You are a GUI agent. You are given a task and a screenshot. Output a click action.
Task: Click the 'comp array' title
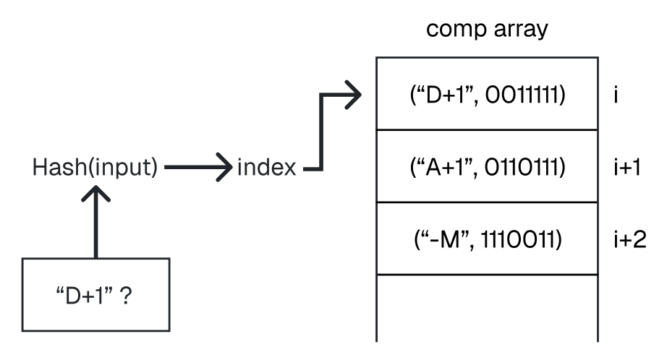pos(486,31)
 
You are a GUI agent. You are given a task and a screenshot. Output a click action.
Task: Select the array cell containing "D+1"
pos(487,94)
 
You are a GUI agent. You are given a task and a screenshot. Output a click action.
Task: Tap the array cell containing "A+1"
pos(487,167)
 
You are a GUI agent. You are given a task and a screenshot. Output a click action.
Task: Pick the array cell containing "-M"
pos(487,239)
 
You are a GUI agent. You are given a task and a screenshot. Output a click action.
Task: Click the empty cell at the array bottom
pos(487,307)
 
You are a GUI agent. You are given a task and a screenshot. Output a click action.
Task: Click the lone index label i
pos(614,95)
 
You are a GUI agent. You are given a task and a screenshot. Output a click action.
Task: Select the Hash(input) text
pos(95,168)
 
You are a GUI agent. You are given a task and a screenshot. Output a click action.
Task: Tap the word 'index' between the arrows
pos(266,168)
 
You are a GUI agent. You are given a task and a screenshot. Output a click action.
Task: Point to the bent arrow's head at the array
pos(352,95)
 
